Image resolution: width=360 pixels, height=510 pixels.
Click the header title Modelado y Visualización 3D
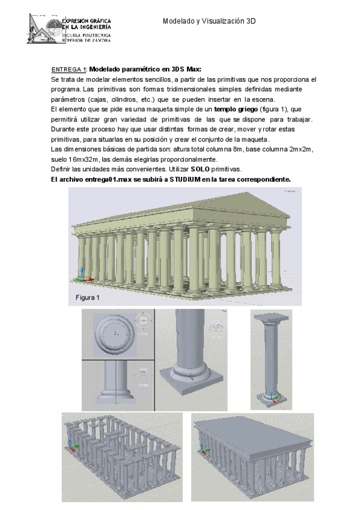click(x=209, y=21)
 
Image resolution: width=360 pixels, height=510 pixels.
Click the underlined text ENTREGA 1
click(x=69, y=69)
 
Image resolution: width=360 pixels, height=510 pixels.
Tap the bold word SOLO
click(x=200, y=170)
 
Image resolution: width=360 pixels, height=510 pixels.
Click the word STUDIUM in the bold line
click(x=185, y=180)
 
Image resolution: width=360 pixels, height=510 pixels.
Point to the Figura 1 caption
click(x=87, y=298)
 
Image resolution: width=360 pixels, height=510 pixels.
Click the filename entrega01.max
click(x=108, y=180)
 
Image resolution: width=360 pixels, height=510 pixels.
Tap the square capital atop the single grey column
click(x=271, y=318)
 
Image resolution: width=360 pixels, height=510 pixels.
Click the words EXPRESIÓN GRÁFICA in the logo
click(x=87, y=21)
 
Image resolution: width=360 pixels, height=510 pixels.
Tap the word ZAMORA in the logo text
click(x=100, y=40)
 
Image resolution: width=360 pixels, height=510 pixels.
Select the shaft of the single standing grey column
click(x=271, y=357)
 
